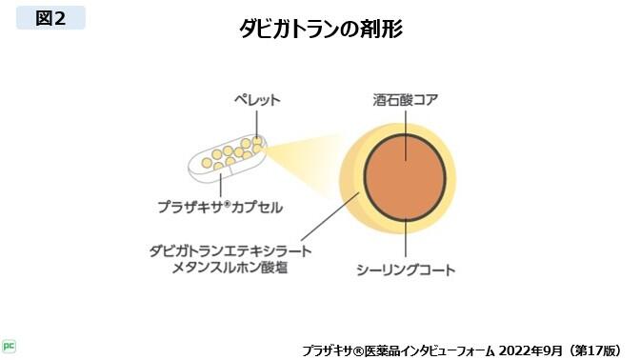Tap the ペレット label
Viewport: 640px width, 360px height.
click(257, 99)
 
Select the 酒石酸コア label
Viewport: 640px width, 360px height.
click(406, 99)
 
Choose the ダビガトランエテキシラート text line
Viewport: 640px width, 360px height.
click(231, 250)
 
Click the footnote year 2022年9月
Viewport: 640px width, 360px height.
click(517, 349)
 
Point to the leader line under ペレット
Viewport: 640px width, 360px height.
click(257, 124)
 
